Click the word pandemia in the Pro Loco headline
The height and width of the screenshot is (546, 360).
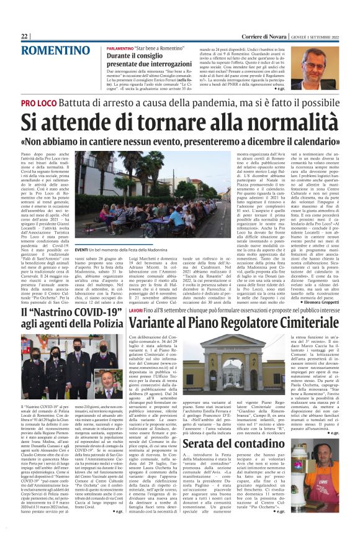click(x=227, y=102)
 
